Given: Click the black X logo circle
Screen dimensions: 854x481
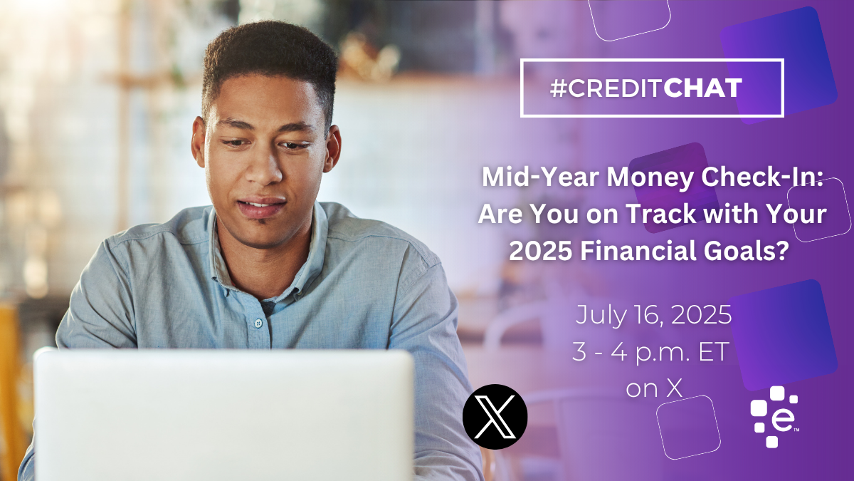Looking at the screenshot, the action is pyautogui.click(x=495, y=416).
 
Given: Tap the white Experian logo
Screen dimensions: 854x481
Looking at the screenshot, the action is pyautogui.click(x=774, y=417).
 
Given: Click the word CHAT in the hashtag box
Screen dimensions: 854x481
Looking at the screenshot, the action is pyautogui.click(x=703, y=88).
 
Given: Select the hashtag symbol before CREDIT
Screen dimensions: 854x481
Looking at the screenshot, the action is pyautogui.click(x=559, y=88).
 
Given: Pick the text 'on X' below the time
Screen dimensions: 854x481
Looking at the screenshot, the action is pyautogui.click(x=654, y=388).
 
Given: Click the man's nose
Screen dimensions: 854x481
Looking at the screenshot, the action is pyautogui.click(x=264, y=168).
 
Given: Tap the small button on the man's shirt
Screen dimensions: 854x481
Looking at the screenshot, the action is pyautogui.click(x=258, y=324).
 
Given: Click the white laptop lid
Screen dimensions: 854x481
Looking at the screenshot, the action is pyautogui.click(x=223, y=415).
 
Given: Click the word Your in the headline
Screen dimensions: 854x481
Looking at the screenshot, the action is pyautogui.click(x=803, y=214).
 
